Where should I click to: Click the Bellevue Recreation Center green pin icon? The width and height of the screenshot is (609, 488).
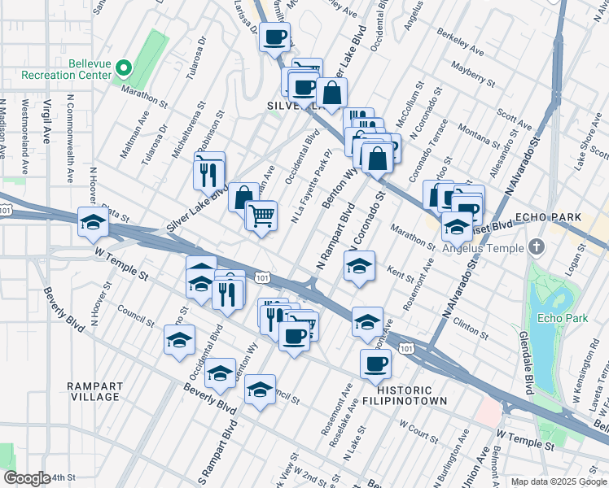[123, 68]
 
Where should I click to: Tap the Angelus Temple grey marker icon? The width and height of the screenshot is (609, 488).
[537, 246]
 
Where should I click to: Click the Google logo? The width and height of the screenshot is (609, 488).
[26, 478]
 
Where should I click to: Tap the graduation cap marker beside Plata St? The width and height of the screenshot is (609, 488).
[93, 221]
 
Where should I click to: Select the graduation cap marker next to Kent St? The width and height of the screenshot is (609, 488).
[358, 265]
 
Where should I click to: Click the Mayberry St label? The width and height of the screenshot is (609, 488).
[473, 75]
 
